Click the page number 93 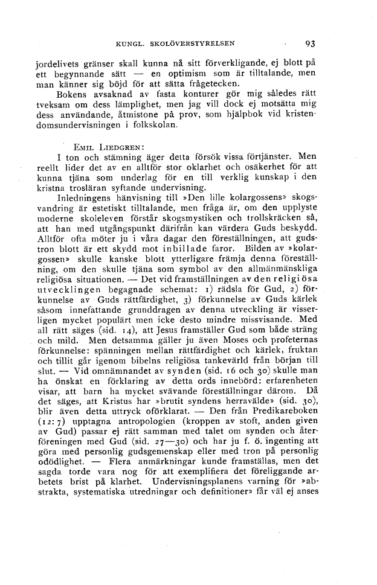click(x=311, y=43)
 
